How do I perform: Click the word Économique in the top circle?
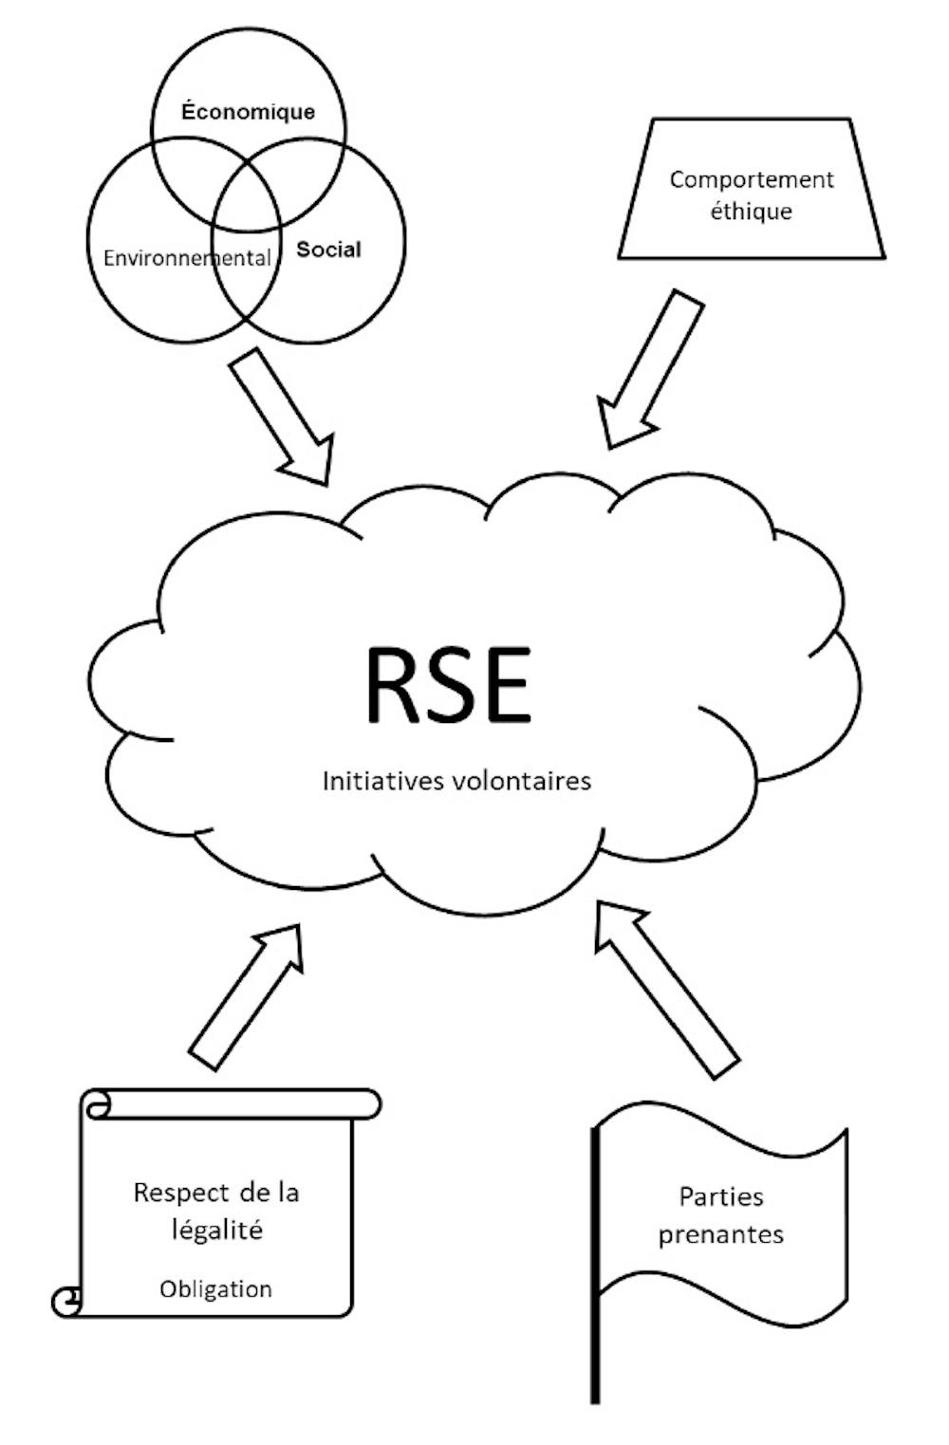tap(248, 112)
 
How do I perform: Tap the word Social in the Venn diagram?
tap(328, 250)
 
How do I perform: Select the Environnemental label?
tap(187, 258)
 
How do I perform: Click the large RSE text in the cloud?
tap(448, 685)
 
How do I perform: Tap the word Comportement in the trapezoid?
tap(752, 179)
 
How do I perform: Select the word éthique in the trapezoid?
tap(751, 211)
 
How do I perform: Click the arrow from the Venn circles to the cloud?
tap(283, 417)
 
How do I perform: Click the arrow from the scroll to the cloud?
tap(247, 996)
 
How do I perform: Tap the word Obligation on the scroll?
tap(215, 1288)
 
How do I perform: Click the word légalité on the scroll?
tap(216, 1231)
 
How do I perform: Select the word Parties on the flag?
tap(720, 1196)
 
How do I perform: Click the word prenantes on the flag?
tap(721, 1234)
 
